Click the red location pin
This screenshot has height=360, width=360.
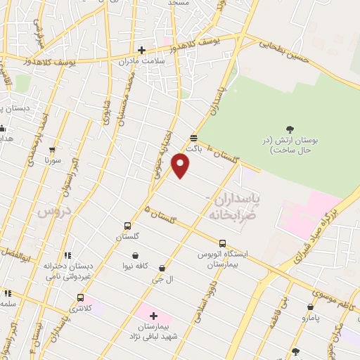[x=181, y=166]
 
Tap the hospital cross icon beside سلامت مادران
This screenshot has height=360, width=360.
[x=142, y=50]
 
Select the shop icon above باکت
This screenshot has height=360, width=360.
[x=194, y=138]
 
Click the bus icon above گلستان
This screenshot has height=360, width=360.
[x=127, y=226]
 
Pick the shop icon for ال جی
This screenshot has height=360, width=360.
[x=162, y=268]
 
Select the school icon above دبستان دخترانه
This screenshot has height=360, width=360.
[x=67, y=255]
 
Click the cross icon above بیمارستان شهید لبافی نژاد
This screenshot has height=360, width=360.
[x=153, y=316]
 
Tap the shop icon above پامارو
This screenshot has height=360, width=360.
[x=311, y=307]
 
